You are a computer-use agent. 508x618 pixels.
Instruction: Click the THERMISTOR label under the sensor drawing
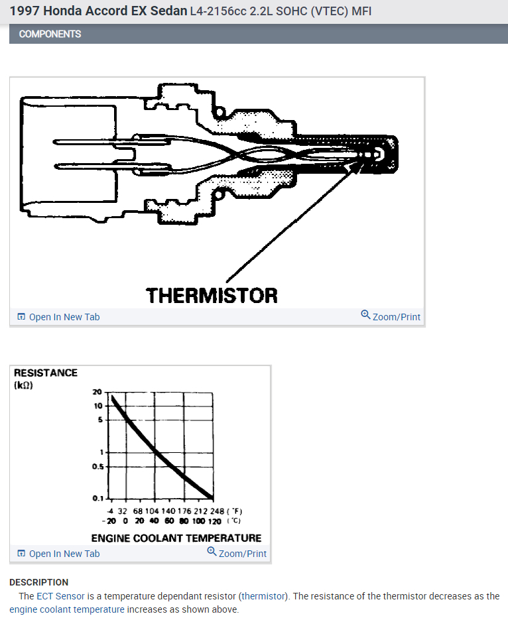212,295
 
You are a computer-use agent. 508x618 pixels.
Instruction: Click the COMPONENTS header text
50,34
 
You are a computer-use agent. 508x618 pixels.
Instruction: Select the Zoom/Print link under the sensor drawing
391,316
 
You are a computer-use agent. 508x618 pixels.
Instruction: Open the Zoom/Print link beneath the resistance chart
237,553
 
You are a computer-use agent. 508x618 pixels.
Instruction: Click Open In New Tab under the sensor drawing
58,317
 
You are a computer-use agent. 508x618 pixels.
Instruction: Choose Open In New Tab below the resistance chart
58,554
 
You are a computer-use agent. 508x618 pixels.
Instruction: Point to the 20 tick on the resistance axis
97,392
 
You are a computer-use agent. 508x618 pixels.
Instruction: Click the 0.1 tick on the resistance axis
97,498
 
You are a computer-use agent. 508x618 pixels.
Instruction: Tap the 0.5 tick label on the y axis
97,466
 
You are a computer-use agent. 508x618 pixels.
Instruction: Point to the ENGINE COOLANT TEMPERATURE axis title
176,538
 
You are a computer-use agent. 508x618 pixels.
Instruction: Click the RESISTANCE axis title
46,373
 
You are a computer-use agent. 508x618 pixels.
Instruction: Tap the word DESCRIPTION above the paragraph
38,582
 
